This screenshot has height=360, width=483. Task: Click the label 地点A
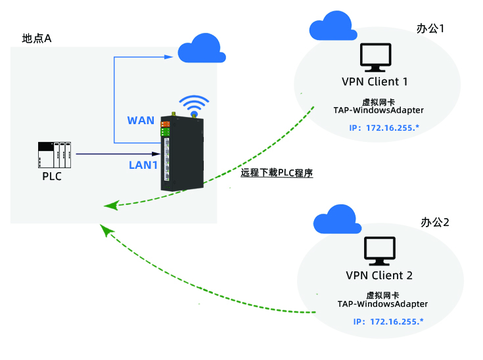click(x=37, y=38)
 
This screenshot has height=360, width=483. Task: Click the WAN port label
click(x=141, y=120)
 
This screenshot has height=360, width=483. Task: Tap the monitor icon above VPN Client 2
click(x=380, y=250)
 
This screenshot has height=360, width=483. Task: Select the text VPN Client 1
click(x=375, y=82)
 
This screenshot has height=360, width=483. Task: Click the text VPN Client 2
click(x=379, y=275)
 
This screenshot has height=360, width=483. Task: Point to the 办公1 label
click(x=431, y=29)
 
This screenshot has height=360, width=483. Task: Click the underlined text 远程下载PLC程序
click(x=276, y=173)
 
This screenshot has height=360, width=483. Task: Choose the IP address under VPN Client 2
click(x=388, y=321)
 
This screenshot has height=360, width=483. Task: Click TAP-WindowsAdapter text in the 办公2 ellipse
click(x=382, y=304)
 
